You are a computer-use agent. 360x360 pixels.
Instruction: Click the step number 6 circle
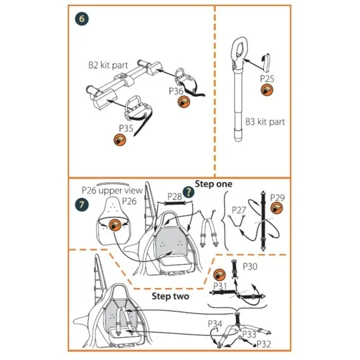pos(82,19)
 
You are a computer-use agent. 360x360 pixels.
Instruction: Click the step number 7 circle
pos(82,204)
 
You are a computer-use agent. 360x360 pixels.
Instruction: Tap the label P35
pos(126,129)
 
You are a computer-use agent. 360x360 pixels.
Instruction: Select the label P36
pos(176,91)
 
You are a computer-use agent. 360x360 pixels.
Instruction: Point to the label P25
pos(267,79)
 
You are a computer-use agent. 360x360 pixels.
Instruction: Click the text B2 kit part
pos(108,65)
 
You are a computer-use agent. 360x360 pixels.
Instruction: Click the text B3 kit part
pos(265,122)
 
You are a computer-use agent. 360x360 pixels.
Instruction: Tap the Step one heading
pos(213,184)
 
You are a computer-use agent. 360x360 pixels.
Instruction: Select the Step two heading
pos(171,296)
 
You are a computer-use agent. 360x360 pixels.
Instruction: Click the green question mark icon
pos(189,192)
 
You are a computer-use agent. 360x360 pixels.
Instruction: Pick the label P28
pos(175,197)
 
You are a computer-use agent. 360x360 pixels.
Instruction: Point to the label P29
pos(277,197)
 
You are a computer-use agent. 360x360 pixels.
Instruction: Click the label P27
pos(239,210)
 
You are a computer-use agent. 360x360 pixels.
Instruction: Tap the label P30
pos(250,267)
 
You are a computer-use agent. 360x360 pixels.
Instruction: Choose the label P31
pos(220,286)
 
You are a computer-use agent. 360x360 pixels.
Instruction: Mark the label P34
pos(215,324)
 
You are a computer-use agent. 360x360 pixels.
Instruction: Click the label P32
pos(264,344)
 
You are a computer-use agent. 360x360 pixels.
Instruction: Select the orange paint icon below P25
pos(267,89)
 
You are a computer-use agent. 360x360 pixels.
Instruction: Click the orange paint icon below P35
pos(120,140)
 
